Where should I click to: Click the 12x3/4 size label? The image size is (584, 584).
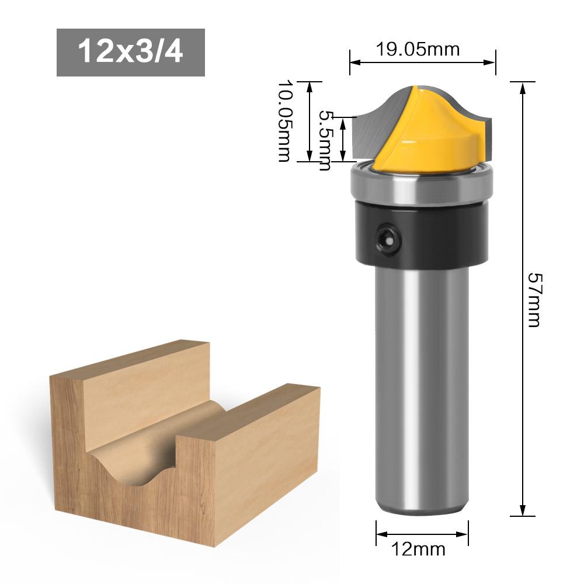(130, 52)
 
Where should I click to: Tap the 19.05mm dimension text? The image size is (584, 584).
(417, 49)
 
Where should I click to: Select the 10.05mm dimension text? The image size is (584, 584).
(284, 121)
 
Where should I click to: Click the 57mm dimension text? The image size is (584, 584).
(533, 300)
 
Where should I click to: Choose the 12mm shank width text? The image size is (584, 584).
(419, 550)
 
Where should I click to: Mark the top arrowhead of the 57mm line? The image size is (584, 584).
(523, 86)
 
